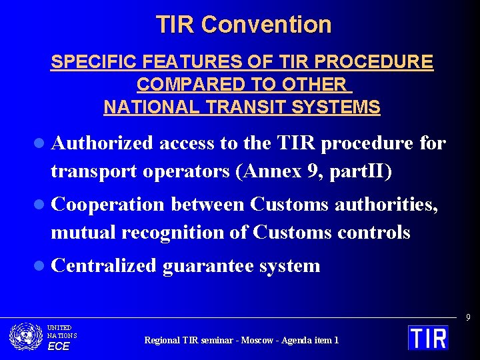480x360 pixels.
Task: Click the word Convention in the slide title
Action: (x=266, y=25)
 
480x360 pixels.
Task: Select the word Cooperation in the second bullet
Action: (x=107, y=205)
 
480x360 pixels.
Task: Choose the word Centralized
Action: (x=103, y=266)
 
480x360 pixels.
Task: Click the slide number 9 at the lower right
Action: (x=468, y=318)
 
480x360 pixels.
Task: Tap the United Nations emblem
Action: (x=26, y=337)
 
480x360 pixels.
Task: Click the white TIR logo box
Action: (x=428, y=337)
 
